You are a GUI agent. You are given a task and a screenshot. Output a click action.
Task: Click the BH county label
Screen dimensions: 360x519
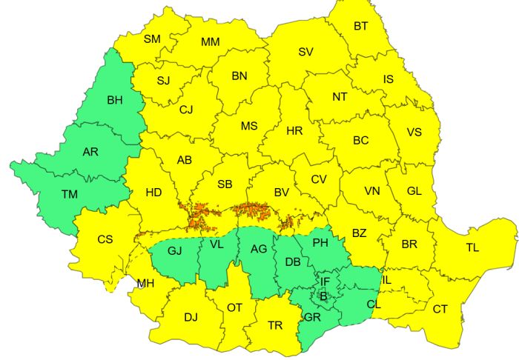(116, 100)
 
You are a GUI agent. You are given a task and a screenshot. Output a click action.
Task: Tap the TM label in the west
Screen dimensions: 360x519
(70, 194)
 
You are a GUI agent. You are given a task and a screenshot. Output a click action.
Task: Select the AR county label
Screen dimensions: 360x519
(90, 152)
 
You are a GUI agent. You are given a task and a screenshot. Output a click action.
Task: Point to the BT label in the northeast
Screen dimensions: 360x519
(361, 26)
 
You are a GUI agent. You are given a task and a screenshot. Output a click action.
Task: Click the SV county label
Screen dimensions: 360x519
(305, 52)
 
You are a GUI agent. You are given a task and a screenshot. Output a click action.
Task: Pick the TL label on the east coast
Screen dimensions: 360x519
(472, 248)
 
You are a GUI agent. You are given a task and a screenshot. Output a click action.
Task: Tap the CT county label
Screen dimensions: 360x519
(440, 309)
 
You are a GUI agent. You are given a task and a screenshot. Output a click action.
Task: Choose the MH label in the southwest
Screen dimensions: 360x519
(145, 283)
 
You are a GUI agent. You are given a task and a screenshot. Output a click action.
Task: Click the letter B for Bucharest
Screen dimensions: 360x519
(322, 296)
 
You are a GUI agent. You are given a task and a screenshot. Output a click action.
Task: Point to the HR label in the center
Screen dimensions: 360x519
(294, 131)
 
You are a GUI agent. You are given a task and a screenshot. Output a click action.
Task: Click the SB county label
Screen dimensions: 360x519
(226, 184)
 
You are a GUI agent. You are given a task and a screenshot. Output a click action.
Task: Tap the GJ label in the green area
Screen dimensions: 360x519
(175, 250)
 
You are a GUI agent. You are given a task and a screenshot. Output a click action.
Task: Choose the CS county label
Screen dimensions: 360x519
(105, 239)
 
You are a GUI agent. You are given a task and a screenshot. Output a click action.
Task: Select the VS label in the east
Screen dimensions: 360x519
(414, 133)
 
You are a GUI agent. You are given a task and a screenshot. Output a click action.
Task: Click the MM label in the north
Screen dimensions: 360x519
(210, 42)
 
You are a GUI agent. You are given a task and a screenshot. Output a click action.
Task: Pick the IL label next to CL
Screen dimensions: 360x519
(386, 280)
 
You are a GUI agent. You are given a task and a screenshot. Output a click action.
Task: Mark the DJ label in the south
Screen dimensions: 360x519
(191, 318)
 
